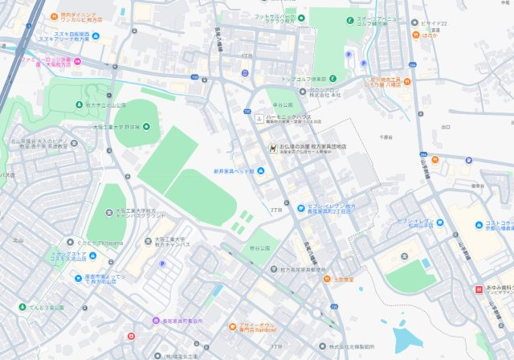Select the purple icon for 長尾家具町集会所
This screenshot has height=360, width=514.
[156, 320]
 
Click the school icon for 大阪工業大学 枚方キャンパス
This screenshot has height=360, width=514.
[149, 239]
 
